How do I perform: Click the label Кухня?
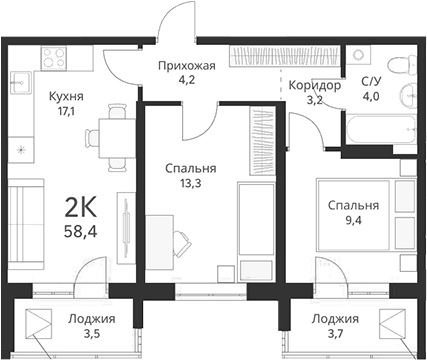click(x=65, y=97)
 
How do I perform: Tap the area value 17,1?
click(x=65, y=113)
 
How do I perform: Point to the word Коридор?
click(x=315, y=86)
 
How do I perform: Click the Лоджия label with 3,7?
click(x=333, y=320)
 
